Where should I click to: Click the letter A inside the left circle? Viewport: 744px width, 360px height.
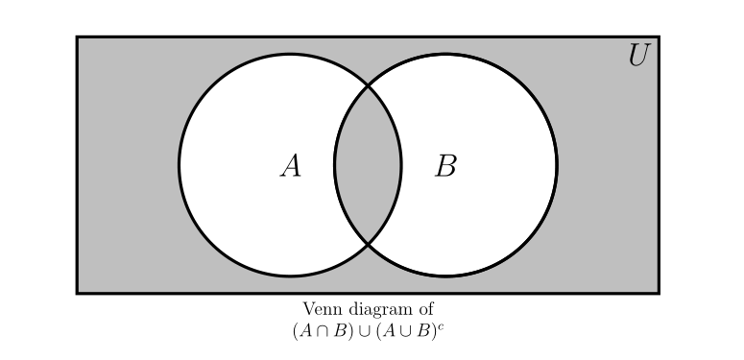point(290,166)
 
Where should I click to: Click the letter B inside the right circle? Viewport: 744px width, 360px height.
point(445,166)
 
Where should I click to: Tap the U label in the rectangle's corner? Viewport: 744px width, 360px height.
point(638,56)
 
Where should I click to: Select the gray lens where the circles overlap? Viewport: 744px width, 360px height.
point(368,165)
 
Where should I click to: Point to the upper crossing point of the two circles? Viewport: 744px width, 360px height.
point(368,85)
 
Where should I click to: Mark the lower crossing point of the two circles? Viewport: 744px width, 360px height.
point(368,245)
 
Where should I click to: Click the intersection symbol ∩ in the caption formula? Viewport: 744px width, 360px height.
point(322,331)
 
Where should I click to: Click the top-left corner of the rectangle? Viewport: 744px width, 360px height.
point(77,37)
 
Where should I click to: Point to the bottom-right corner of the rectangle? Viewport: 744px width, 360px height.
point(659,293)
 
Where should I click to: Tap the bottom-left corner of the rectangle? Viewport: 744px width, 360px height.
point(77,293)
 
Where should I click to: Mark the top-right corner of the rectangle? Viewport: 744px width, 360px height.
point(659,37)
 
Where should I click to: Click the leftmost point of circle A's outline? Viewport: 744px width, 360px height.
point(180,165)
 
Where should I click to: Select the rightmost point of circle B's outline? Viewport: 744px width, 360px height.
point(557,165)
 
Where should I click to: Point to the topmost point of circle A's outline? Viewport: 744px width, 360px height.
point(290,54)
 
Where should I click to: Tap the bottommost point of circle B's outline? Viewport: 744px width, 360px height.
point(445,276)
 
